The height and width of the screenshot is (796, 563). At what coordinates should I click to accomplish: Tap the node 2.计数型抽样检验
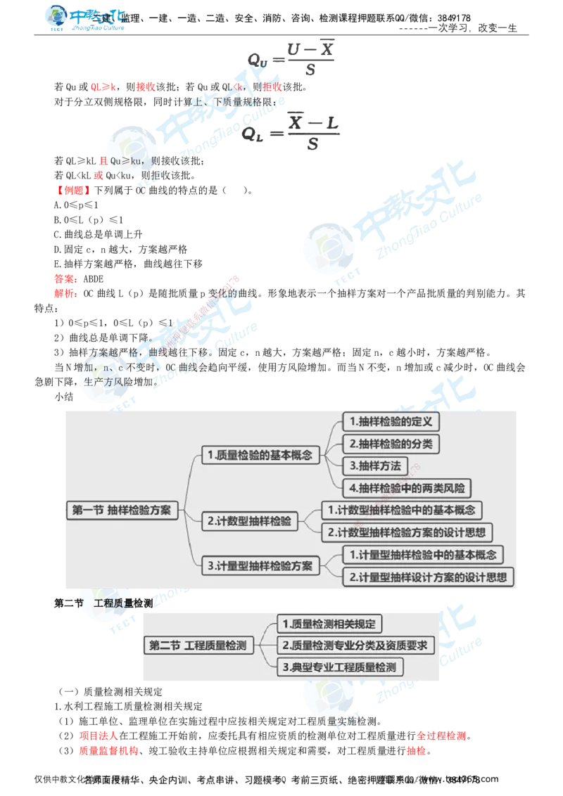249,521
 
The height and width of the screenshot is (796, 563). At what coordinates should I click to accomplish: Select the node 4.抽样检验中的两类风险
407,488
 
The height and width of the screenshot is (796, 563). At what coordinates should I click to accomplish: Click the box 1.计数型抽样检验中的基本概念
402,510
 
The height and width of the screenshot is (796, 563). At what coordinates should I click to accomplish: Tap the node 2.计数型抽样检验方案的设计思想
407,532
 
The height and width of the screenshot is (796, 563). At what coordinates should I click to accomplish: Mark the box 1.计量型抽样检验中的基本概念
423,555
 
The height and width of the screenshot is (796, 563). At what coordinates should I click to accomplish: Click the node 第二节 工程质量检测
198,645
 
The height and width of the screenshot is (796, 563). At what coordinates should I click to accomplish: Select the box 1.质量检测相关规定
329,624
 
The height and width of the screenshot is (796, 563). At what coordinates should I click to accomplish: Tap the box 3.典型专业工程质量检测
339,667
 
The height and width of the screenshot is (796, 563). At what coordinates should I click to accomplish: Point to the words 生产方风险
106,382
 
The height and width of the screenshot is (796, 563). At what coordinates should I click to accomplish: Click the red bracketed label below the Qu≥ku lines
73,190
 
